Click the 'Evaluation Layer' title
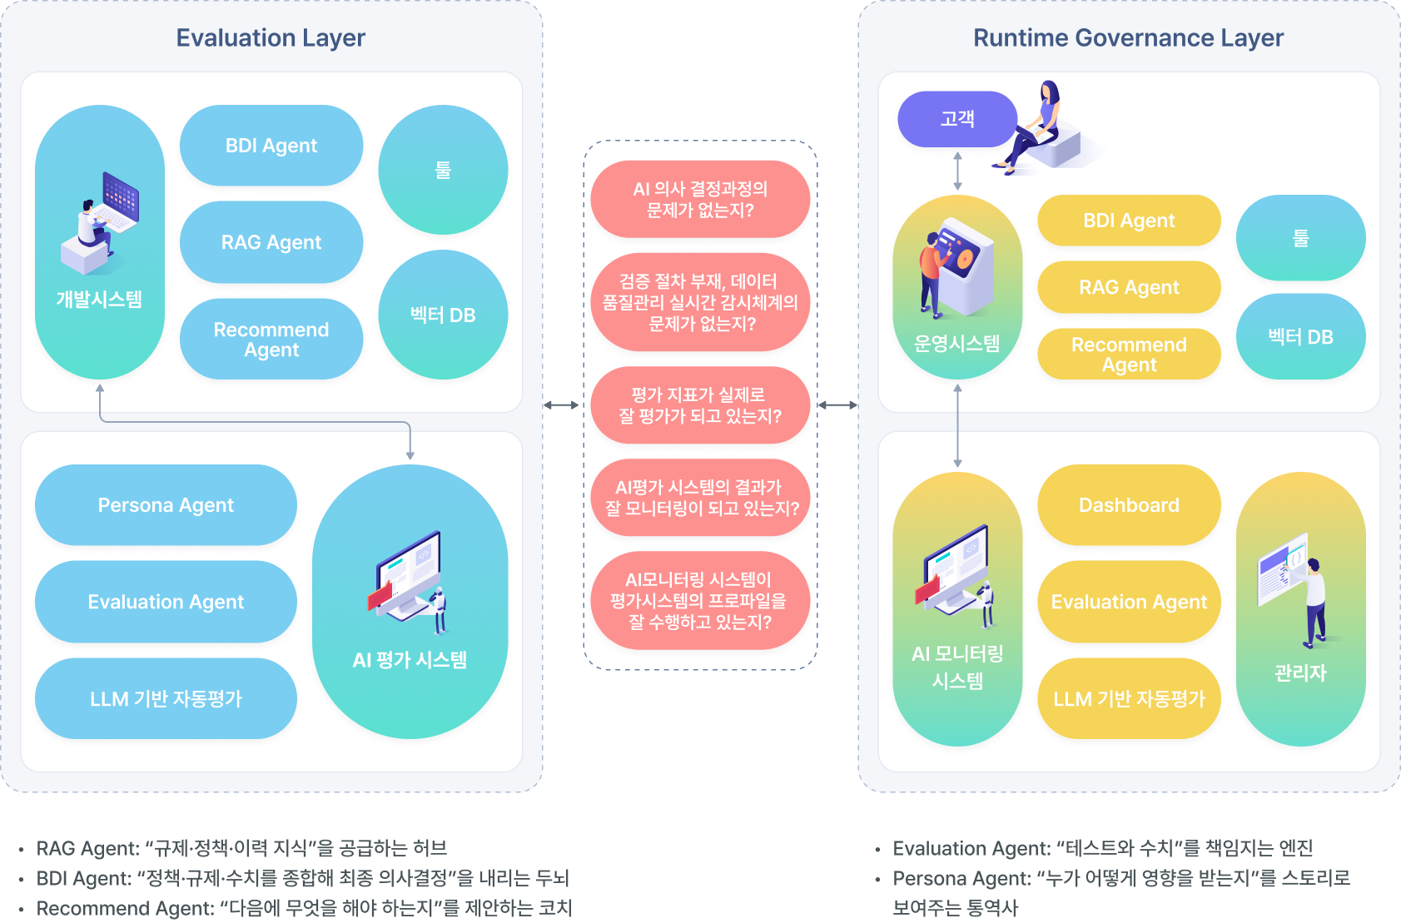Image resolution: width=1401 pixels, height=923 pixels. pos(271,38)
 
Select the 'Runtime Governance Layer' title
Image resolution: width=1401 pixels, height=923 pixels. pos(1128,38)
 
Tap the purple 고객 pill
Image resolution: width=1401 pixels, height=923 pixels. pos(957,119)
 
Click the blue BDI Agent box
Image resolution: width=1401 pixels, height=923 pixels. pos(271,146)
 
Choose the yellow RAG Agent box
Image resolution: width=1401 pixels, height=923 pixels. pos(1129,287)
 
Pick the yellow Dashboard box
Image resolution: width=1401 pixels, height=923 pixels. pos(1129,505)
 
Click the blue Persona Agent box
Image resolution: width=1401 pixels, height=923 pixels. pos(166,505)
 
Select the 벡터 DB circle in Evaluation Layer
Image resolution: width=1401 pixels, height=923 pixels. pos(443,315)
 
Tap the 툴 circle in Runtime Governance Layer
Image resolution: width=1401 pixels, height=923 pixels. pos(1300,238)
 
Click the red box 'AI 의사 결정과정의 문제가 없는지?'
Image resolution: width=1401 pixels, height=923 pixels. pos(700,199)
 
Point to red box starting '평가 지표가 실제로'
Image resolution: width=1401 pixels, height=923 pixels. pos(700,405)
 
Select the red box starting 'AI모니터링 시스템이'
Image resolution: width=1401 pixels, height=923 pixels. pos(700,600)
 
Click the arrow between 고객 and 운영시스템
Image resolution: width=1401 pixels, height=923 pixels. pos(957,171)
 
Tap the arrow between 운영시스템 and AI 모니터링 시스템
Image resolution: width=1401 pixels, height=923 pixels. pos(957,425)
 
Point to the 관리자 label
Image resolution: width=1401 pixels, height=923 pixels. pos(1300,672)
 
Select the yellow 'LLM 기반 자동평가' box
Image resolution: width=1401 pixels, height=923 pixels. pos(1129,699)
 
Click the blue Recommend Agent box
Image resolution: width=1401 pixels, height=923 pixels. pos(271,340)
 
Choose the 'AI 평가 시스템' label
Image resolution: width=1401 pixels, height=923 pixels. pos(410,660)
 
